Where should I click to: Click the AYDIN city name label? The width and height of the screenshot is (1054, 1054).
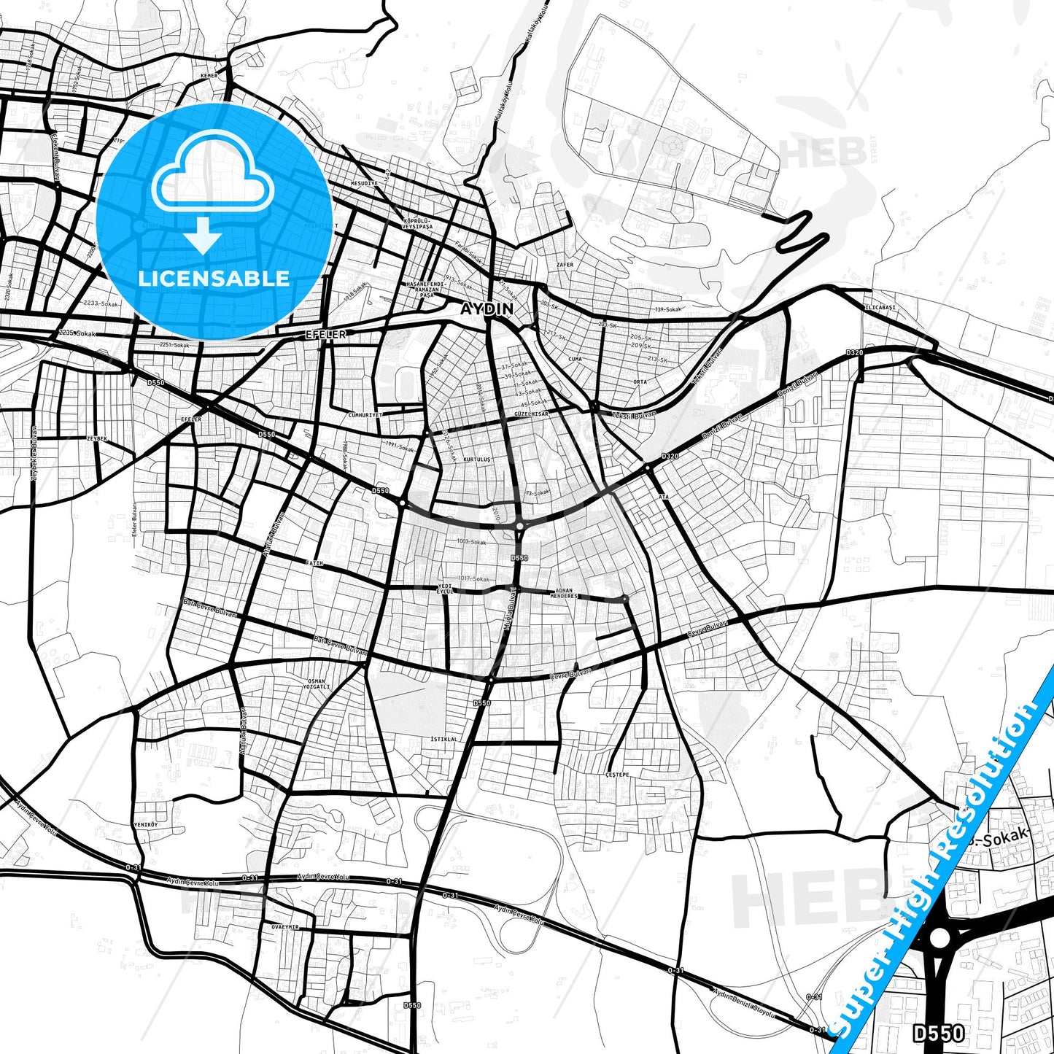(x=487, y=309)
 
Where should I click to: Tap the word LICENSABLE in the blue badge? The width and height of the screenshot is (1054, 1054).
(x=214, y=278)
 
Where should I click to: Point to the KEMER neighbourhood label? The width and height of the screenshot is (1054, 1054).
(x=209, y=76)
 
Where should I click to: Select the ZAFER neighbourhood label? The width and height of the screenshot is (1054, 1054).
(x=565, y=265)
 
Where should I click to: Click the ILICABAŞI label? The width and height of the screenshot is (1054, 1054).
(x=879, y=308)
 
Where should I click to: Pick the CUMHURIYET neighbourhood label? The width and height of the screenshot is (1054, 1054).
(x=365, y=415)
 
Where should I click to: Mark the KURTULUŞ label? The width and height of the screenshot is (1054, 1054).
(x=477, y=460)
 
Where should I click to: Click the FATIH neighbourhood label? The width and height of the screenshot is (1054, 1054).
(x=314, y=564)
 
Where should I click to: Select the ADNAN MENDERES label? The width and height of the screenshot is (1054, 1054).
(x=565, y=593)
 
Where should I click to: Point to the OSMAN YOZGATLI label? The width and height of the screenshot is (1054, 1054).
(x=317, y=683)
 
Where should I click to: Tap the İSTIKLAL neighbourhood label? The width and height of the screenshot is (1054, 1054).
(x=444, y=739)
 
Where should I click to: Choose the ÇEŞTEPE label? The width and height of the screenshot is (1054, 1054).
(x=617, y=775)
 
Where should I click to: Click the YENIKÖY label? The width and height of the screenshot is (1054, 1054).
(x=146, y=824)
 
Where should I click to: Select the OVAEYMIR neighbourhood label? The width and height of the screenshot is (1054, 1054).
(x=285, y=926)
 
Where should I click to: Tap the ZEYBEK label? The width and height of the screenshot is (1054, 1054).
(x=97, y=438)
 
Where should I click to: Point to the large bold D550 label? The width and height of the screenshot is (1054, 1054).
(x=939, y=1033)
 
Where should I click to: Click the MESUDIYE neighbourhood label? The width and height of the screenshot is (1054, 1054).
(x=365, y=183)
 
